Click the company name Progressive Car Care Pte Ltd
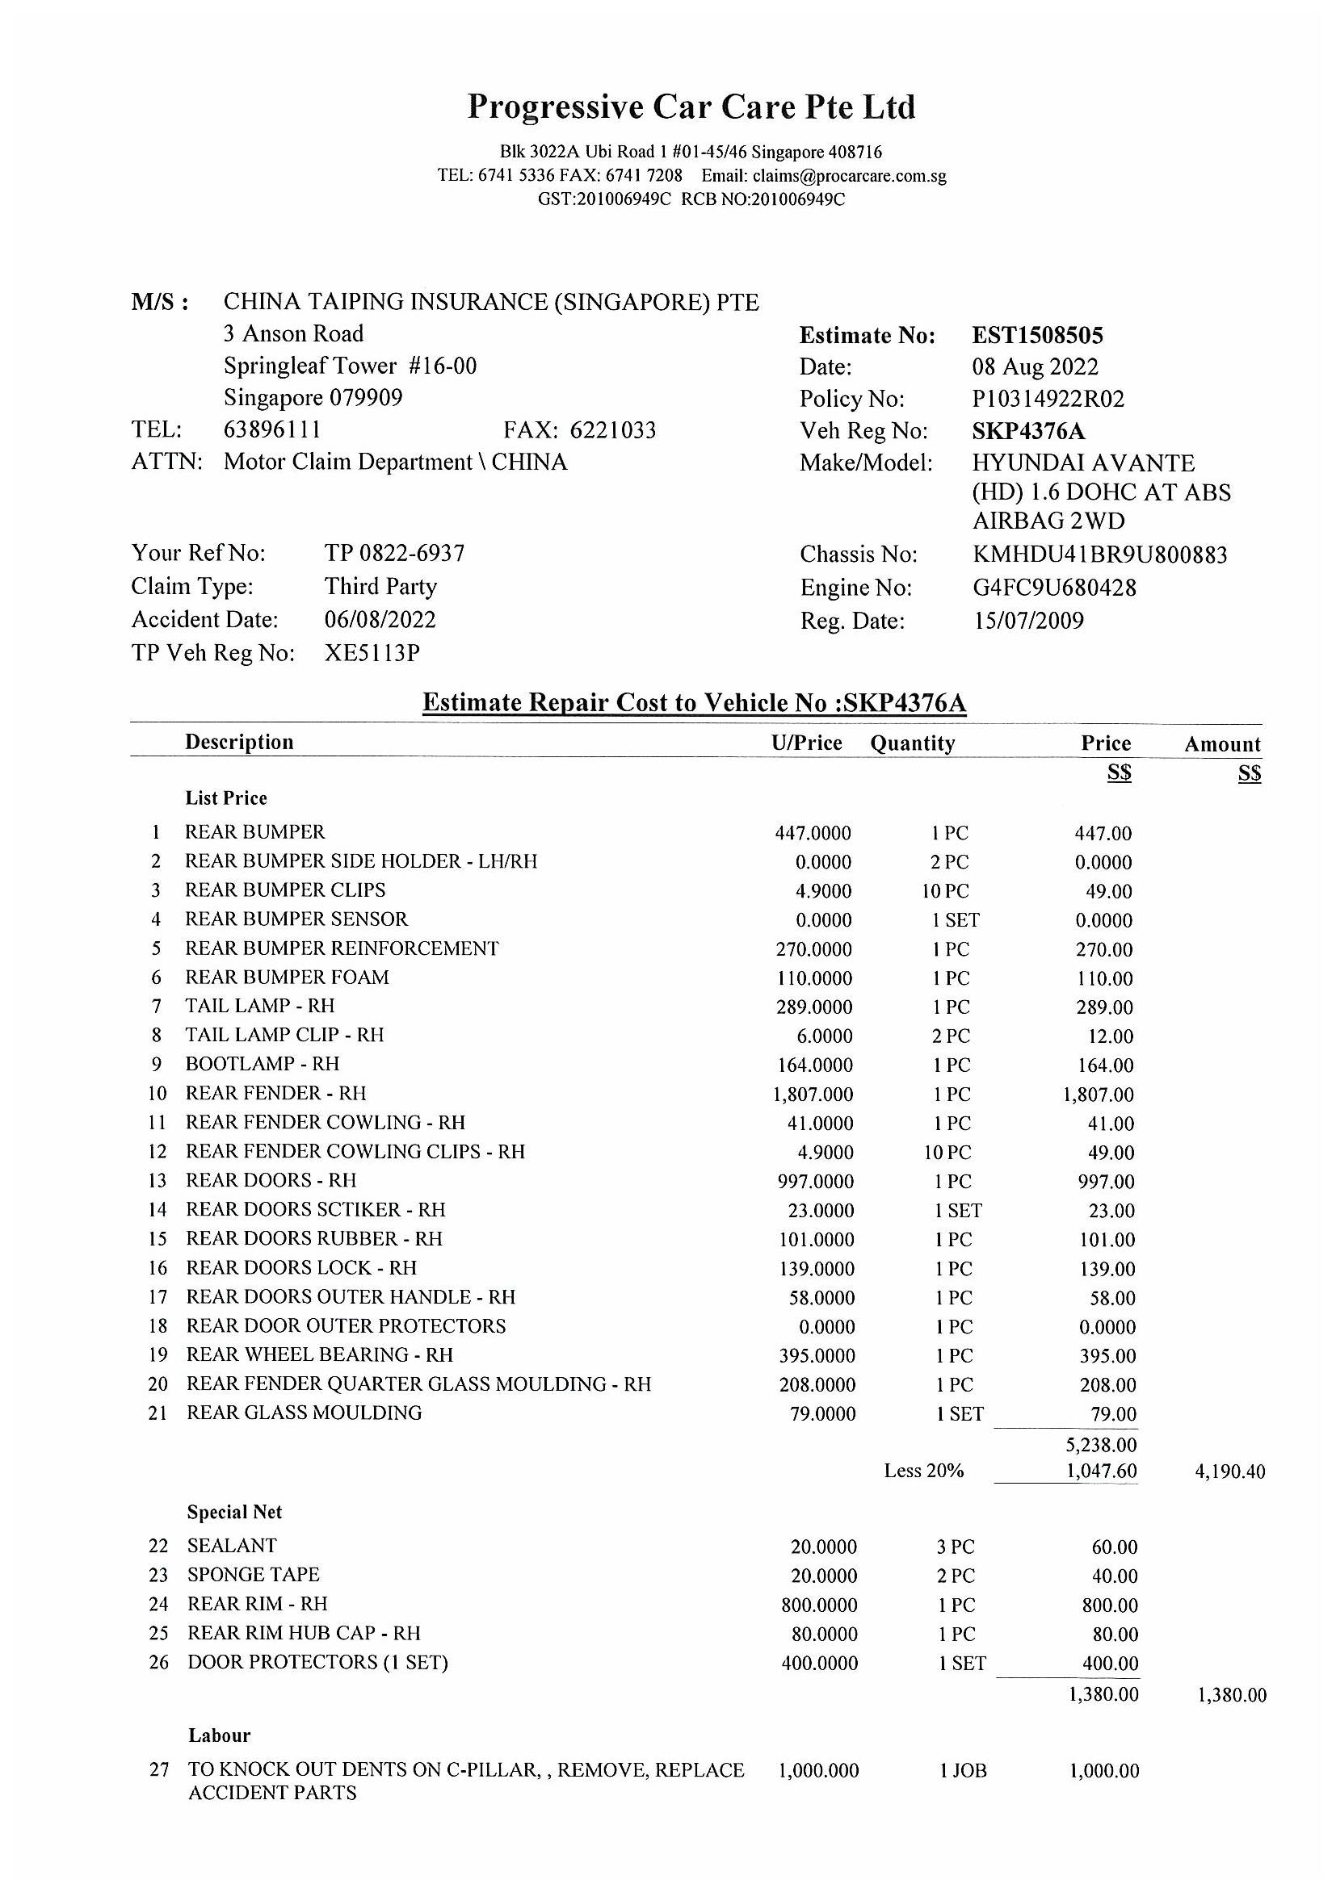(691, 107)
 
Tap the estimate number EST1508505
(1037, 336)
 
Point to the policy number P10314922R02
(1048, 399)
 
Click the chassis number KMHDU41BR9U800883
(1099, 555)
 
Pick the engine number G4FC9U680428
(1054, 588)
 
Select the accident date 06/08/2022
(380, 619)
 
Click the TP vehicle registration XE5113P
(372, 653)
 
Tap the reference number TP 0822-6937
(394, 554)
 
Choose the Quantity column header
(912, 743)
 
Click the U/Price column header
(806, 743)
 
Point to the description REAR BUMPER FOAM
(287, 977)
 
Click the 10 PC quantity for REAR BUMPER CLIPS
(946, 891)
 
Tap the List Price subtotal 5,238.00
(1101, 1445)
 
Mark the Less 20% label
(923, 1470)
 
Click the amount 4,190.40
(1229, 1471)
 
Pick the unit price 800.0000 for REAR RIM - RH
(818, 1605)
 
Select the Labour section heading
(219, 1735)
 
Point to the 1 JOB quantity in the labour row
(963, 1770)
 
